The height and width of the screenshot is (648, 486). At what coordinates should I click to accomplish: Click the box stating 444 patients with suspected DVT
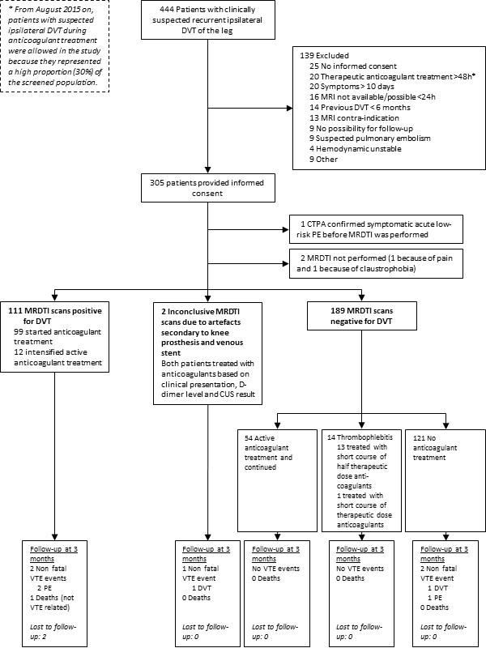208,19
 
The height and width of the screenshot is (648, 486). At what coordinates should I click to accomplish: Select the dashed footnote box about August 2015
54,46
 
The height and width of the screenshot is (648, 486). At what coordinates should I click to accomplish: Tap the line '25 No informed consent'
353,66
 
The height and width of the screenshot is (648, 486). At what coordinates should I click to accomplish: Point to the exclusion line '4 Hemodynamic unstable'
356,149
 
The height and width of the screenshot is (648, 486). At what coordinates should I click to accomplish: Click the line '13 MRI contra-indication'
354,117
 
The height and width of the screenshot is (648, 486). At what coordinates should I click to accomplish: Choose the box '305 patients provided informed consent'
208,188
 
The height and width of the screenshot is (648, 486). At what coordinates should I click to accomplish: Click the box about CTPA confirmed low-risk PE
376,229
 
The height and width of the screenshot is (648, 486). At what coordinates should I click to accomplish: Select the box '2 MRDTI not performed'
376,263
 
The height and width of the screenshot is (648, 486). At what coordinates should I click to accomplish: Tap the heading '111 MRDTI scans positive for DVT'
55,316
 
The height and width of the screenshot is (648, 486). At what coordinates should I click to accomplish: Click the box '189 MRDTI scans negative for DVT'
361,316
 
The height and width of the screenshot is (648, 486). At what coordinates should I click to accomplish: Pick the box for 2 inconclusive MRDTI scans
208,354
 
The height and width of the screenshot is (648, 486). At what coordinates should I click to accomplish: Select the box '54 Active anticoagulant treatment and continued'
277,480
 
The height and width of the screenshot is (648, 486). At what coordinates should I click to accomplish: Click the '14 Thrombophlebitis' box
361,480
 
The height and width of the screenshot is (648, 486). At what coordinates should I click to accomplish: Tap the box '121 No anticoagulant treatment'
446,480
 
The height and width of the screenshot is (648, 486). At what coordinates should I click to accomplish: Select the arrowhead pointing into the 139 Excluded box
290,109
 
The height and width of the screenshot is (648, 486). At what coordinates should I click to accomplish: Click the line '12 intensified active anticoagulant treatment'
58,357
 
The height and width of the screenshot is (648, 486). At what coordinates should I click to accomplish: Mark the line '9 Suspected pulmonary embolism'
370,139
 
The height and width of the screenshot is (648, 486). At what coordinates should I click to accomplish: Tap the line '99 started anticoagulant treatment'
57,337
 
